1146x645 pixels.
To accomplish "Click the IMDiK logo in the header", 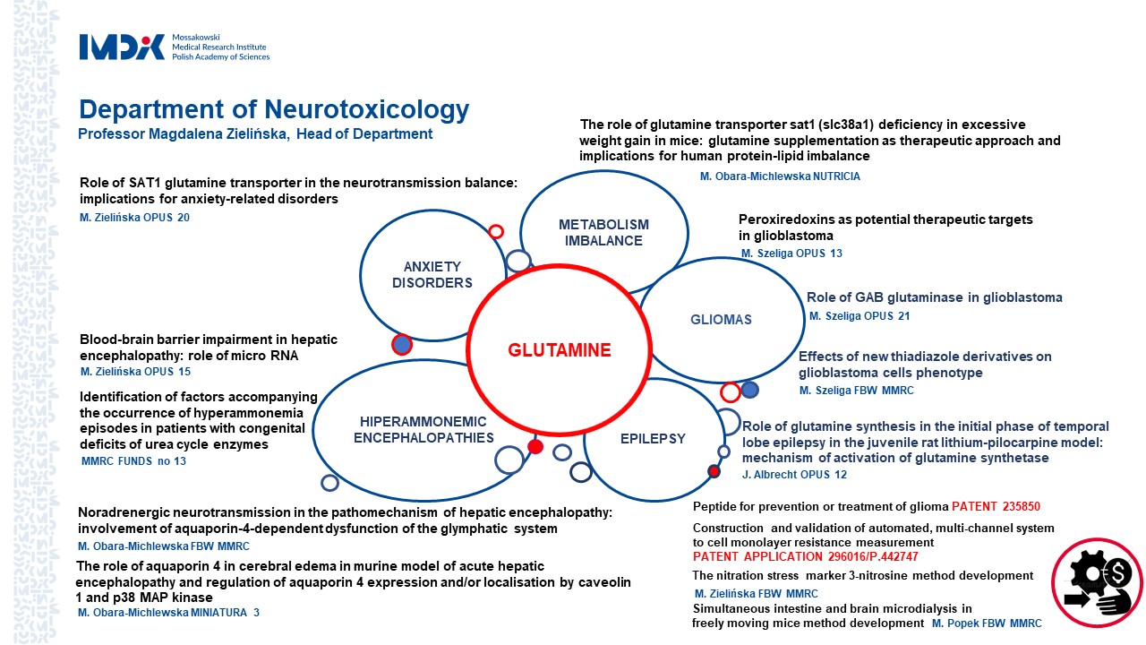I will point(123,47).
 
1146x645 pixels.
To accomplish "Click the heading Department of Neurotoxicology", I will point(274,109).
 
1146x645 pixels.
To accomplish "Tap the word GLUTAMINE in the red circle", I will point(560,350).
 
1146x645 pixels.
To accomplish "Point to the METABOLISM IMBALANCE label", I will point(603,233).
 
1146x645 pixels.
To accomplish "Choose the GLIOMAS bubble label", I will point(721,320).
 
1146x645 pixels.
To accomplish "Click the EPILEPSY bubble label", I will point(653,439).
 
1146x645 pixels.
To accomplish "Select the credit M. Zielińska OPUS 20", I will point(135,217).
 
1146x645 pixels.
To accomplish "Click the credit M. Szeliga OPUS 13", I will point(791,254).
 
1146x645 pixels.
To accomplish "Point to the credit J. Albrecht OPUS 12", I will point(794,475).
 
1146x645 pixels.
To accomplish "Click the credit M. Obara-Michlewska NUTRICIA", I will point(780,176).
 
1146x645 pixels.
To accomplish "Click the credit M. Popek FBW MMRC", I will point(987,623).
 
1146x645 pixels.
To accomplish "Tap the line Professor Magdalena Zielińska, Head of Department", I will point(255,134).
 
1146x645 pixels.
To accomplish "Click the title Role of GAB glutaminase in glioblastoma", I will point(934,297).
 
